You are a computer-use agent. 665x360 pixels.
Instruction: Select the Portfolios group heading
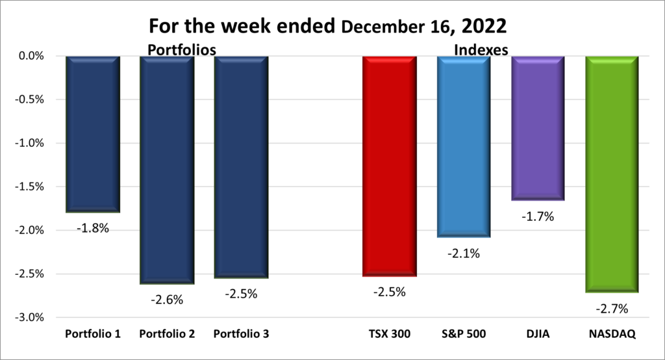tap(181, 49)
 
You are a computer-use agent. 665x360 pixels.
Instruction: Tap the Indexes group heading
tap(481, 49)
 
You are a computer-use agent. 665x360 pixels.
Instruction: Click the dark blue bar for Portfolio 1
tap(93, 134)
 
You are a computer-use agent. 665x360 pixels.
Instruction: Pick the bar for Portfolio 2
tap(166, 169)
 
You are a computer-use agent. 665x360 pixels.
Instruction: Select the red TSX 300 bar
tap(389, 166)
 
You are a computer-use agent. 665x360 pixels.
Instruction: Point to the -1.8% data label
tap(93, 229)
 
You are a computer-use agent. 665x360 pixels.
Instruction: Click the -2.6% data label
tap(167, 300)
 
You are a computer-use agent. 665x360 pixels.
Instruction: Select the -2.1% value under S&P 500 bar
tap(463, 253)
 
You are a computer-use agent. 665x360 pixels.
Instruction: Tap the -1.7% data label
tap(537, 217)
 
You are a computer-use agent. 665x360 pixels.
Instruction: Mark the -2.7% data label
tap(612, 309)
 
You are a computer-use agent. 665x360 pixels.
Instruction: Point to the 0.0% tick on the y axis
tap(32, 56)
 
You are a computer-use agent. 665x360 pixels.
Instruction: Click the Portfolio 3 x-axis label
tap(241, 334)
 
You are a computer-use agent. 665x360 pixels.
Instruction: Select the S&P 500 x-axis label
tap(463, 334)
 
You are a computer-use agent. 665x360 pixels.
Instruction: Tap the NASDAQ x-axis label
tap(612, 334)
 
